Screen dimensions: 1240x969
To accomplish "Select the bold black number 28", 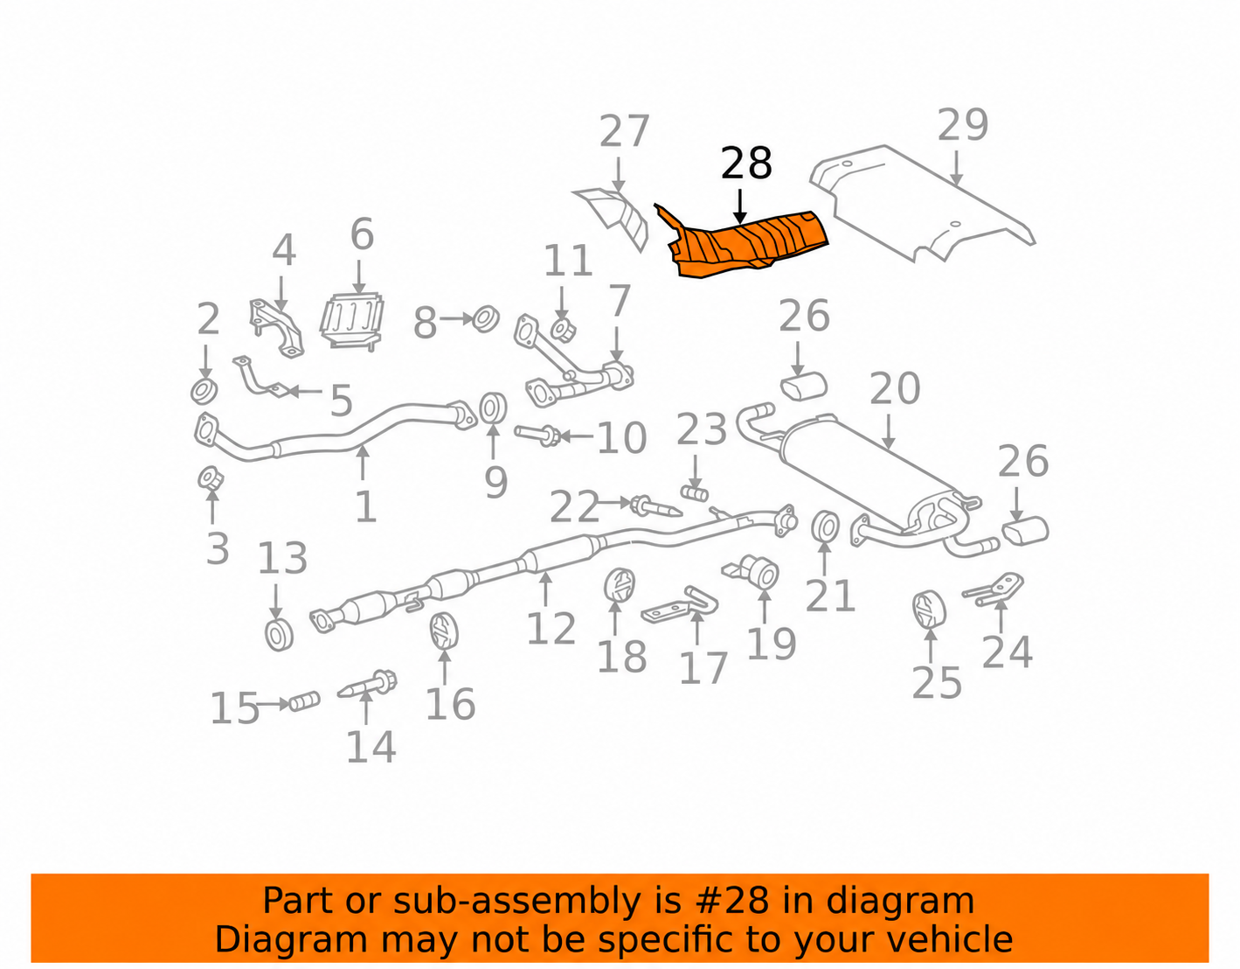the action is click(x=746, y=164).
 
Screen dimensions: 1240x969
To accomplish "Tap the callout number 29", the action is click(x=963, y=124).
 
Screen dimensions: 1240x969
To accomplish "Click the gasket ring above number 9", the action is click(x=492, y=408).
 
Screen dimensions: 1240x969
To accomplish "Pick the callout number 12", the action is click(x=551, y=628).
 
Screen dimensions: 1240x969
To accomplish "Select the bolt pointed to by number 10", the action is click(x=537, y=435).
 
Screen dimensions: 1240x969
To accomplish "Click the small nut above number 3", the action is click(x=210, y=478).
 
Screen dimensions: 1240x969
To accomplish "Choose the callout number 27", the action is click(x=624, y=131).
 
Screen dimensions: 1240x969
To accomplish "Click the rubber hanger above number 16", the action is click(x=443, y=631).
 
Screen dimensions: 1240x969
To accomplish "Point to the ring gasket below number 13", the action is click(x=280, y=634).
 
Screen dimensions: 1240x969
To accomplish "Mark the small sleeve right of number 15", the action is click(x=304, y=701).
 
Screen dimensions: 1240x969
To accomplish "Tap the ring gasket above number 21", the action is click(x=825, y=526).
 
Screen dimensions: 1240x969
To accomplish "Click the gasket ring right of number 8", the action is click(x=486, y=319).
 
